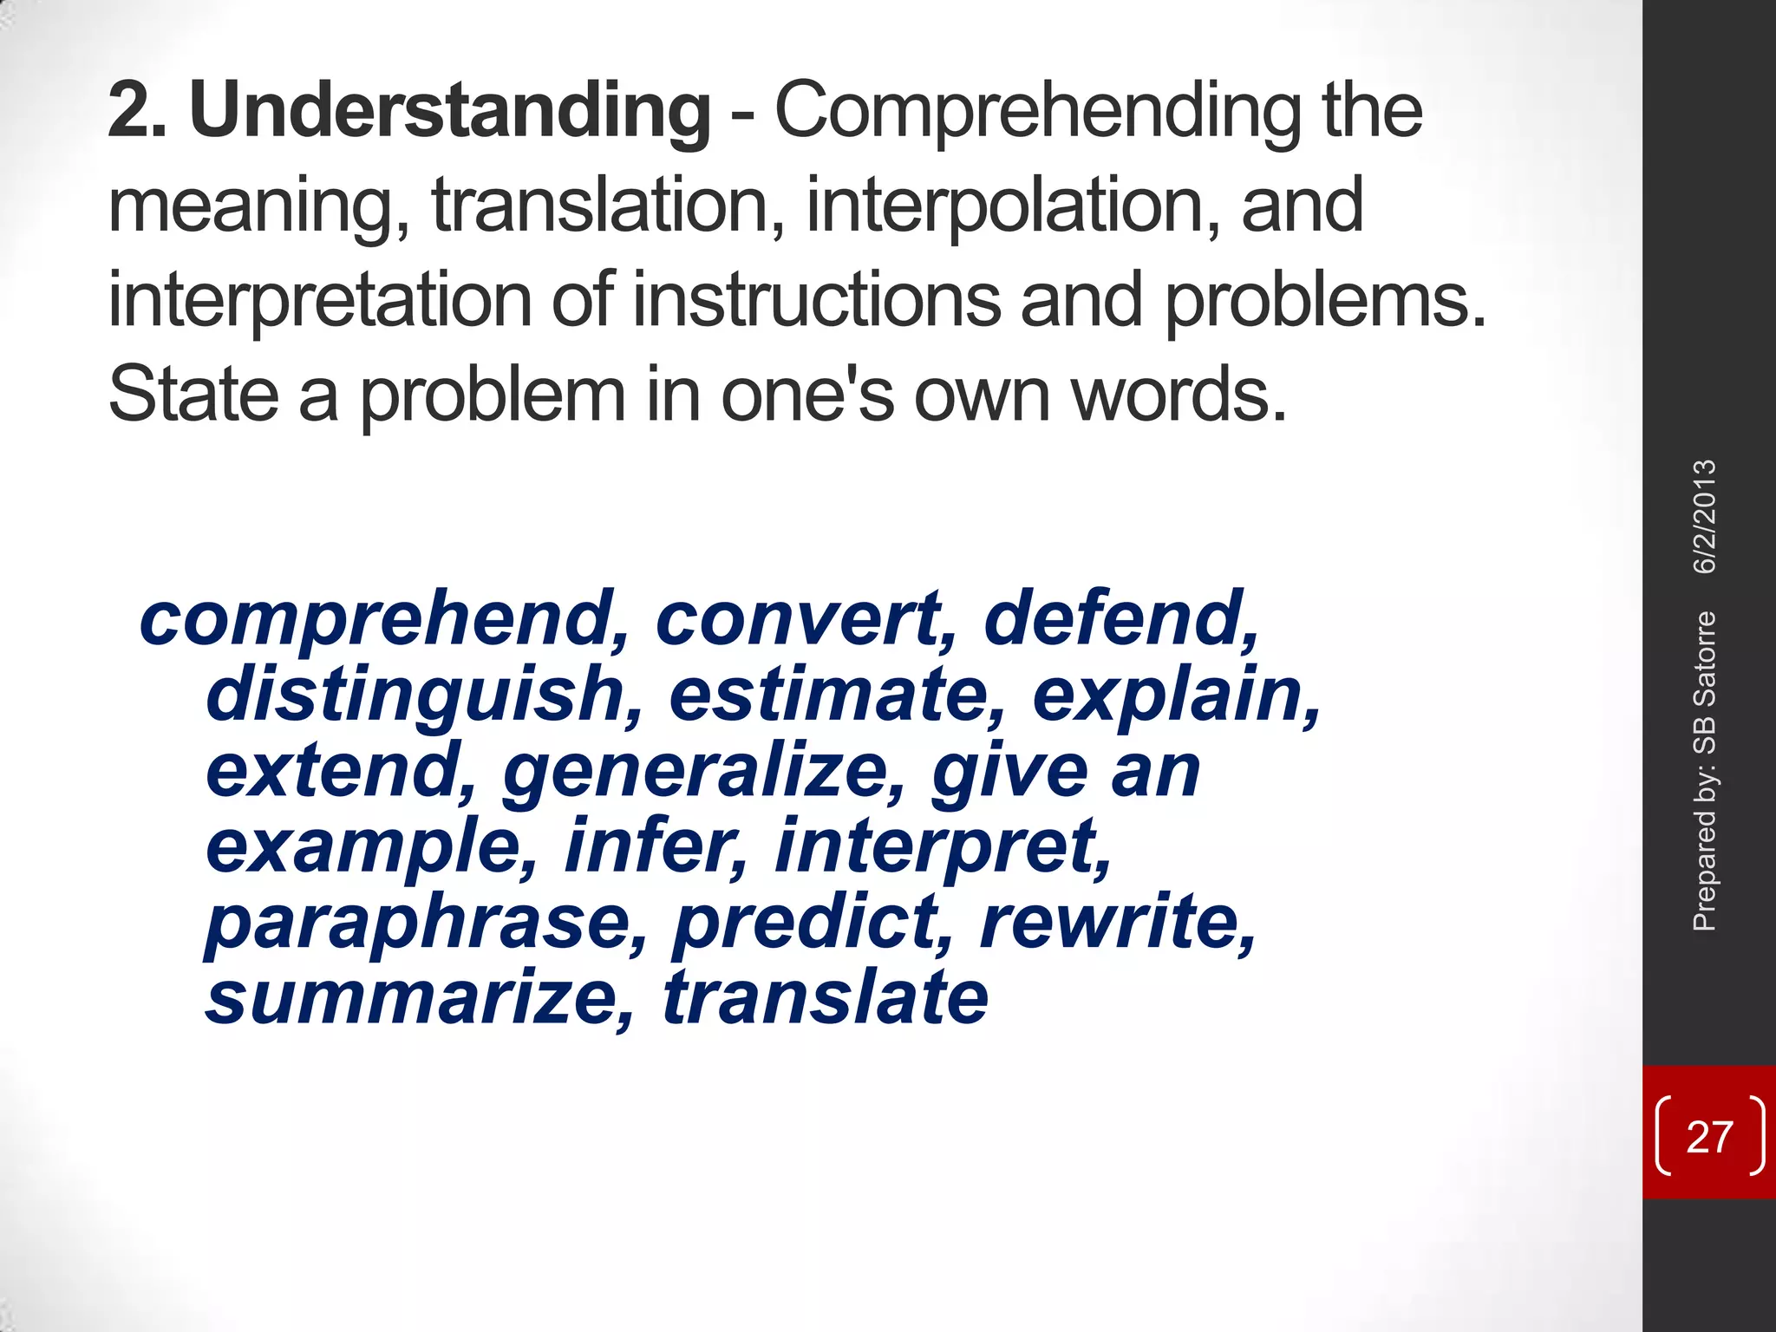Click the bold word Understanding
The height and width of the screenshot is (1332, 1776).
450,111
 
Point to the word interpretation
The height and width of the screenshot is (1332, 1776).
319,301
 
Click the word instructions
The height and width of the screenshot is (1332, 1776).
816,300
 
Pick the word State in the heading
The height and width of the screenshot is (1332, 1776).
193,395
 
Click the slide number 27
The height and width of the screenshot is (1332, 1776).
1709,1137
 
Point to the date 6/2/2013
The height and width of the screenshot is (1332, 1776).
1705,517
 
